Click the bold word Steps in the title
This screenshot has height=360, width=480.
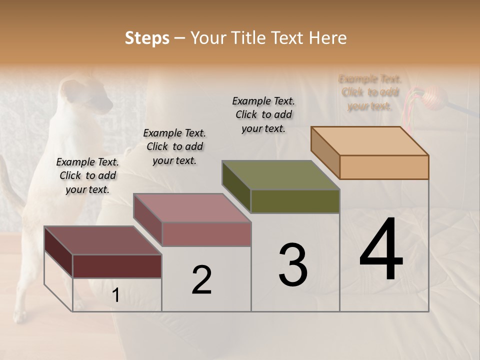[147, 38]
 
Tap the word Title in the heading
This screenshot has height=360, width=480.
[249, 38]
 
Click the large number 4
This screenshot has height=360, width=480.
[381, 249]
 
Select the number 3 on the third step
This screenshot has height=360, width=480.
[293, 265]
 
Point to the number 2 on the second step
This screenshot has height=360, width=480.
[201, 280]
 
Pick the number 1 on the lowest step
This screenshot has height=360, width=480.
[115, 295]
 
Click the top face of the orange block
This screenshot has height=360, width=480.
[370, 140]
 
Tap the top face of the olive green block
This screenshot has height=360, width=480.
[281, 175]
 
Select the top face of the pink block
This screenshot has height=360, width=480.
[192, 208]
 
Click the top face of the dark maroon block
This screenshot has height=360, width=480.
[103, 240]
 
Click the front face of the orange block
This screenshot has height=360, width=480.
[384, 167]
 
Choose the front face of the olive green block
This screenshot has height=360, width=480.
[295, 201]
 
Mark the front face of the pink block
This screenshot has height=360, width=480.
[206, 234]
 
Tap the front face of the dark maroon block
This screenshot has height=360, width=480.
[117, 266]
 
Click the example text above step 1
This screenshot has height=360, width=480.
[87, 175]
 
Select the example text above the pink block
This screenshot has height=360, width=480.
[174, 146]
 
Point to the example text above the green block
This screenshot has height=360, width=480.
[263, 114]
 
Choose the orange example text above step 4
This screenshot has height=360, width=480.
[370, 92]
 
